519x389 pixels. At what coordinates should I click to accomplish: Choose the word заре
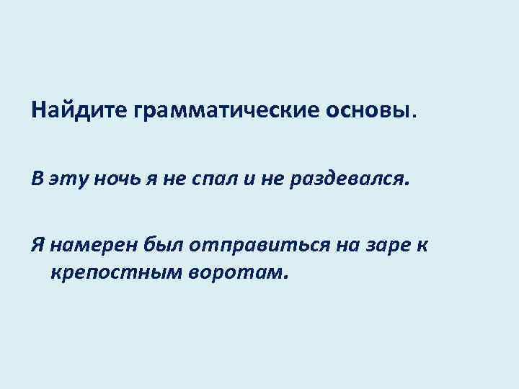click(383, 245)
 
